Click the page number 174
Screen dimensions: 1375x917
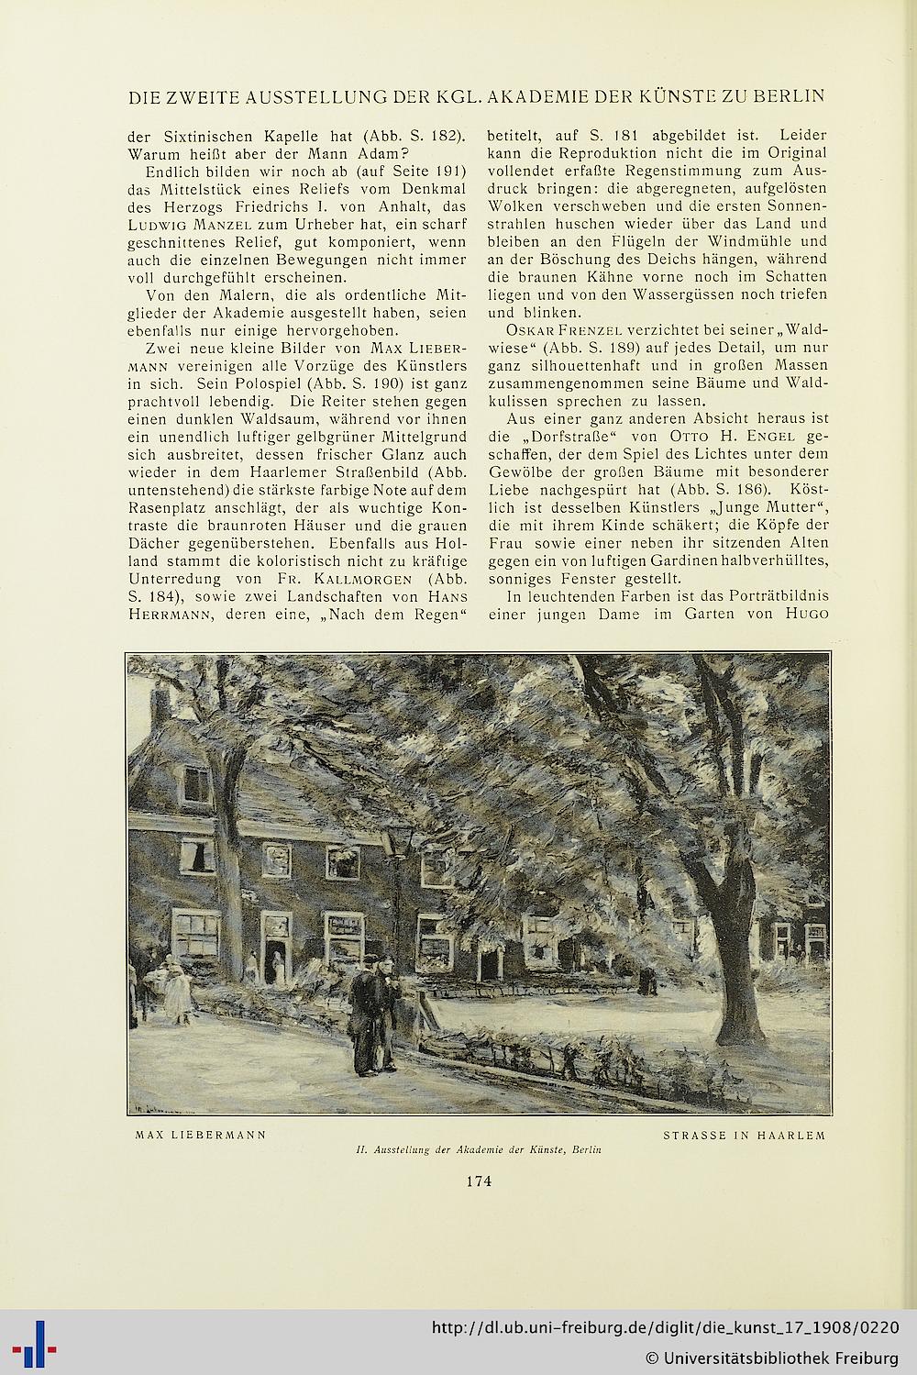pos(478,1181)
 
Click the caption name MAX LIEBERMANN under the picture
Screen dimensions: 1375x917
pos(201,1135)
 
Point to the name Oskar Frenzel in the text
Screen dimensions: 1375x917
pos(558,330)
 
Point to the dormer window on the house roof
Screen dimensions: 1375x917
pos(197,782)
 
